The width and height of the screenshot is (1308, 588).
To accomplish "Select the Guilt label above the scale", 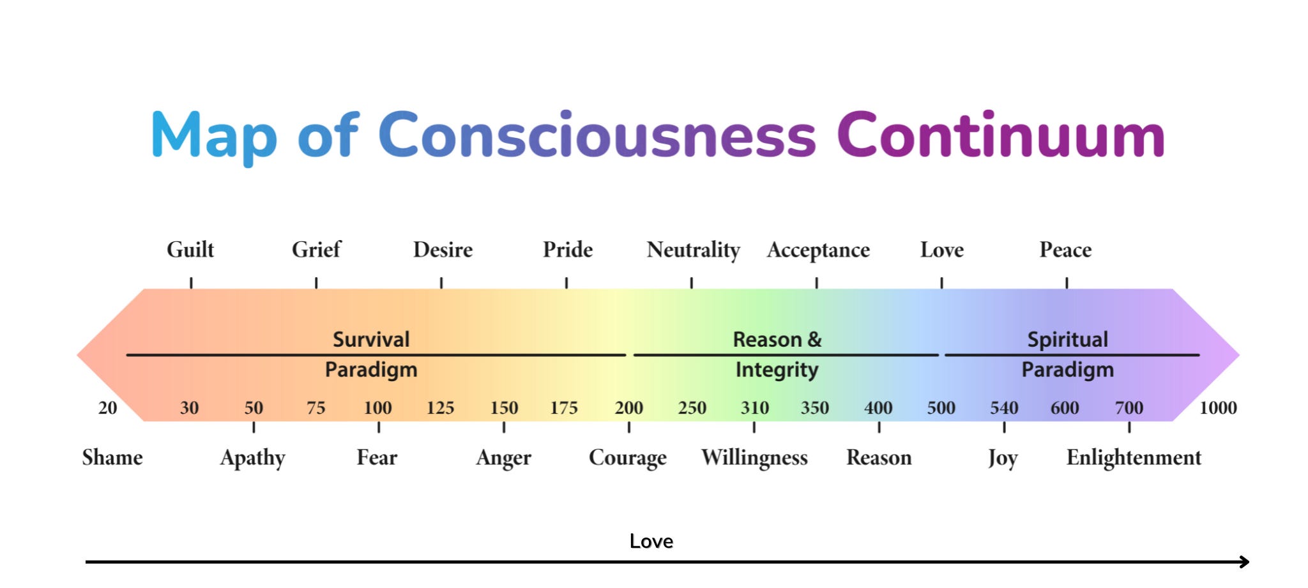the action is (x=190, y=249).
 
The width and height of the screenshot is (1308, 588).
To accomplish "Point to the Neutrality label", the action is (x=693, y=250).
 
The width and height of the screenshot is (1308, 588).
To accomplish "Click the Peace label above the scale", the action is (x=1065, y=249).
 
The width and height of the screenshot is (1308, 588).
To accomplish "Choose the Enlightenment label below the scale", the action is (x=1134, y=458).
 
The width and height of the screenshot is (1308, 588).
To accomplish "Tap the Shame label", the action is (x=112, y=457).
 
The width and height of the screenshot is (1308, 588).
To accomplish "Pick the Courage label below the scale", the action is (x=628, y=458).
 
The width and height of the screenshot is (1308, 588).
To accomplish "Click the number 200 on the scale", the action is (x=629, y=407).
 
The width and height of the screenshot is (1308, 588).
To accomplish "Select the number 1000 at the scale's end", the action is (x=1218, y=407).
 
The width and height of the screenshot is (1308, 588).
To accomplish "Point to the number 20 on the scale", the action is (x=107, y=407).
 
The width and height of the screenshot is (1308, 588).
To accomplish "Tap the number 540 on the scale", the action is (x=1004, y=407).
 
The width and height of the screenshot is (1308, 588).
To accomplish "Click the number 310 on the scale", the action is (x=754, y=407).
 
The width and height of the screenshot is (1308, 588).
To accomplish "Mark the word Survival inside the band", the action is (x=371, y=339).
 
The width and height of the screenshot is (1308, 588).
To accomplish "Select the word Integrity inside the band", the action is (x=777, y=370).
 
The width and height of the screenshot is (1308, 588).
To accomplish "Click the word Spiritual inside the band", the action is (x=1068, y=339).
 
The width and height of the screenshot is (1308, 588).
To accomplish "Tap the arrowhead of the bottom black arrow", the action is (x=1245, y=562).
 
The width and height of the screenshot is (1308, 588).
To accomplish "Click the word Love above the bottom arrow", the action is (x=651, y=541).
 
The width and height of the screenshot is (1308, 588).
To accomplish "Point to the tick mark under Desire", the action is (x=441, y=283).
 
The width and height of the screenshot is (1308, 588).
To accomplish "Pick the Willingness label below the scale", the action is (x=754, y=458).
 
